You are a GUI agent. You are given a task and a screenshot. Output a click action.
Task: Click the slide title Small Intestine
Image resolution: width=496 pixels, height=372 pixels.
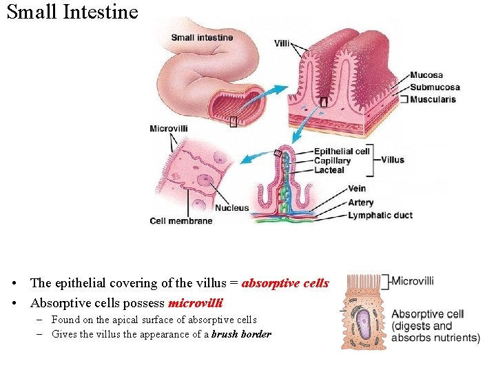[x=72, y=12]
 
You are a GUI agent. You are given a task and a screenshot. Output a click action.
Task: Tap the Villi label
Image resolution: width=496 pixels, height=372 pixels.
[x=282, y=43]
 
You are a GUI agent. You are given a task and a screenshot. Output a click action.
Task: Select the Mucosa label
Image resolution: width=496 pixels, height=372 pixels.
[x=426, y=75]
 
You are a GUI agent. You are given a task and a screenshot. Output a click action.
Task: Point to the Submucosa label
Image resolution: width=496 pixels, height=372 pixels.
[x=435, y=87]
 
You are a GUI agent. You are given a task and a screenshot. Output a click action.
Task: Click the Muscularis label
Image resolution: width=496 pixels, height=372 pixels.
[x=433, y=99]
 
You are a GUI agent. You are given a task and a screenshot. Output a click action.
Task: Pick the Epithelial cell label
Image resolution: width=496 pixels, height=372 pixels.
[x=342, y=152]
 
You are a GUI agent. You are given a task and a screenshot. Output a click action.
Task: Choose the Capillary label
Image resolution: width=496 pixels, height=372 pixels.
[x=332, y=161]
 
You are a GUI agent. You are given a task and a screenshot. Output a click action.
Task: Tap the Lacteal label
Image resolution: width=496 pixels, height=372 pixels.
[x=329, y=170]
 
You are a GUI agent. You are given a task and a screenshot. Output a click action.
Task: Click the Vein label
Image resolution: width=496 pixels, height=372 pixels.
[x=357, y=188]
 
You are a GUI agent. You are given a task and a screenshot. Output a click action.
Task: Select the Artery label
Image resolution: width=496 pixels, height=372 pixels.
[x=360, y=202]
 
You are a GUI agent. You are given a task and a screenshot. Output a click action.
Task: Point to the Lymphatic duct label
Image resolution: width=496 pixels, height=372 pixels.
[x=380, y=215]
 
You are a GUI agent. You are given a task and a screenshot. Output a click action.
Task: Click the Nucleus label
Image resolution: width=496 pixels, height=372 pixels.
[x=231, y=207]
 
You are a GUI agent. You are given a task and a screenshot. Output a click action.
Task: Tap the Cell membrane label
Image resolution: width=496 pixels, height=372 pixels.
[x=181, y=221]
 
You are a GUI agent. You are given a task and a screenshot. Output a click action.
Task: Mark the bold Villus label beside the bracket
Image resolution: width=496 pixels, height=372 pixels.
[x=393, y=160]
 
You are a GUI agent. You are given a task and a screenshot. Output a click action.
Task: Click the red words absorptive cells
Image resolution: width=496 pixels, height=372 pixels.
[x=286, y=283]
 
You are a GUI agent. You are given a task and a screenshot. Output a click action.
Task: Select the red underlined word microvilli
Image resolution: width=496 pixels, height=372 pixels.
[x=196, y=303]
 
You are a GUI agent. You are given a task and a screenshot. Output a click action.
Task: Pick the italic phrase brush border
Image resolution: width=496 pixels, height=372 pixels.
[x=241, y=334]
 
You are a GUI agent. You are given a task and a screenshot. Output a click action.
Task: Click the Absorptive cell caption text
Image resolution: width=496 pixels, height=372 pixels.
[x=428, y=314]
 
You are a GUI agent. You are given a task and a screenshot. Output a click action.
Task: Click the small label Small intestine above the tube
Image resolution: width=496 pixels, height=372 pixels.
[x=202, y=37]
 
